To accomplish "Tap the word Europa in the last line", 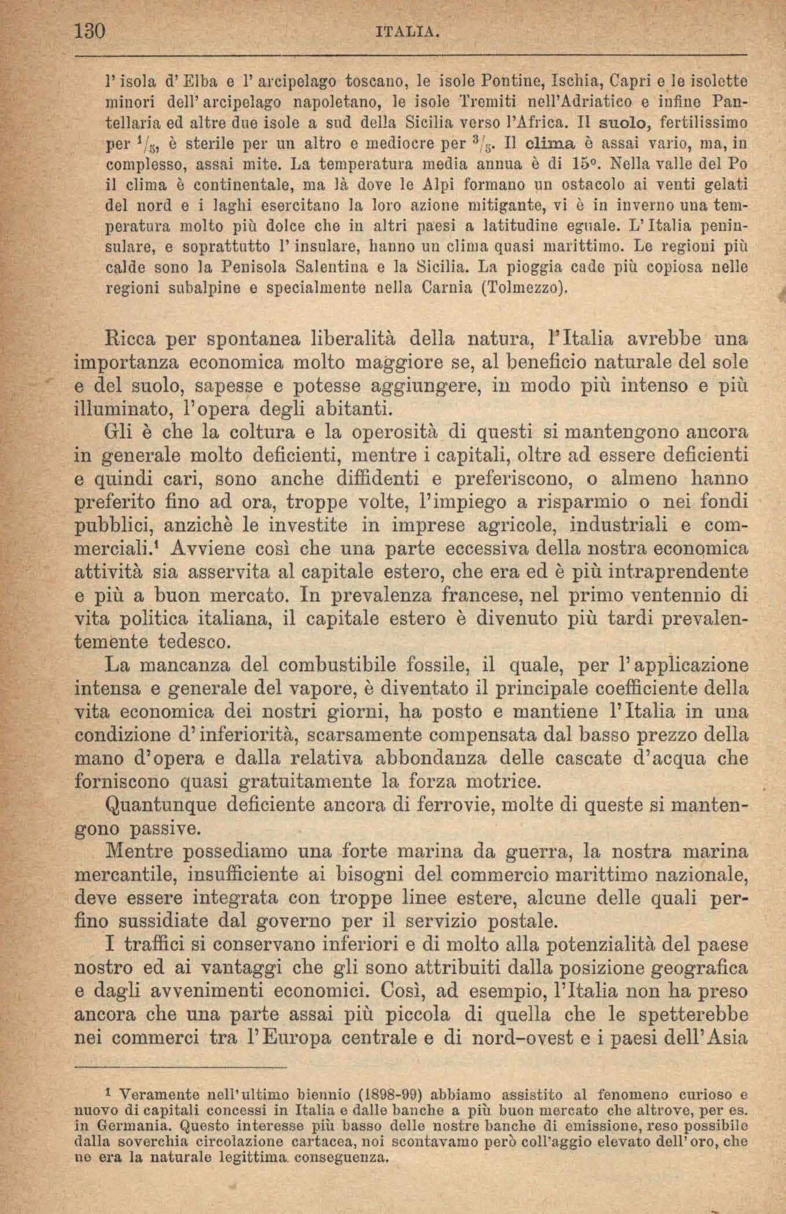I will pos(296,1038).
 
